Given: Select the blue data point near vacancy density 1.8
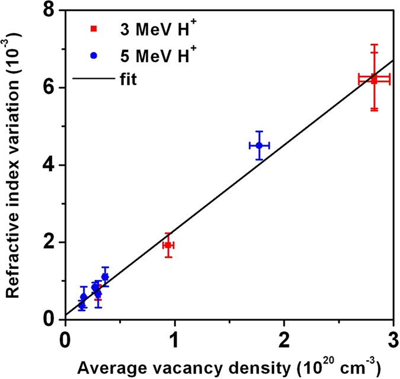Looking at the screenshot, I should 259,145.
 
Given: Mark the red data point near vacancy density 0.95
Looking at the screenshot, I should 168,245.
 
